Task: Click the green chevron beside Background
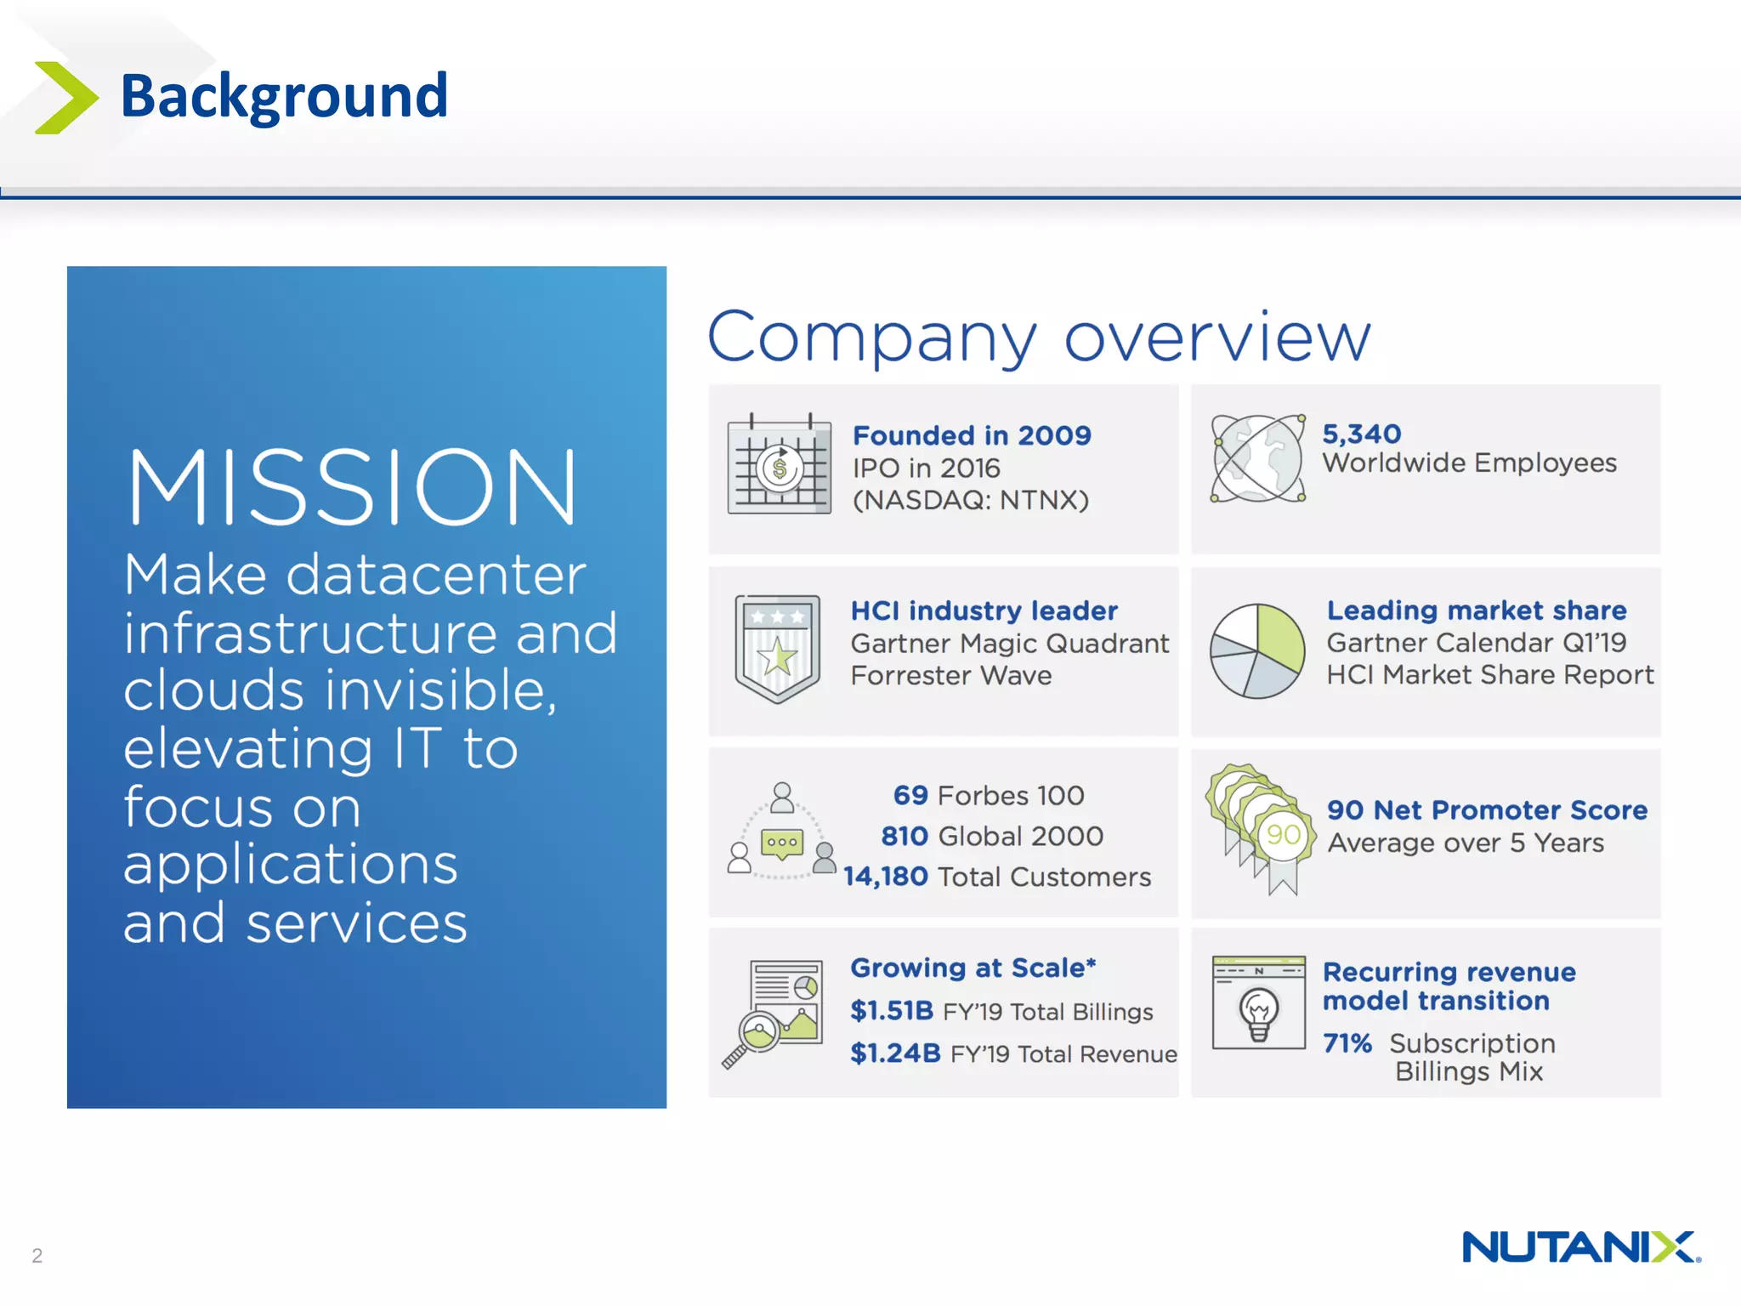tap(66, 98)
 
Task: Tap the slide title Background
tap(284, 95)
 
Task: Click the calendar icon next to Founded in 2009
tap(779, 464)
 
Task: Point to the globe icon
tap(1258, 459)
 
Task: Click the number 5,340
tap(1361, 434)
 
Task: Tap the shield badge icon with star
tap(777, 648)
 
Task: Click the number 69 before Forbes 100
tap(910, 795)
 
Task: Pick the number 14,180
tap(885, 877)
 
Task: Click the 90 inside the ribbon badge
tap(1283, 834)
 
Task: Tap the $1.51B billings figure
tap(892, 1011)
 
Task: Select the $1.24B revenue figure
tap(895, 1053)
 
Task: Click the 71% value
tap(1347, 1042)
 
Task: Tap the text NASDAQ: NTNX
tap(971, 500)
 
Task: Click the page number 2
tap(37, 1255)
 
